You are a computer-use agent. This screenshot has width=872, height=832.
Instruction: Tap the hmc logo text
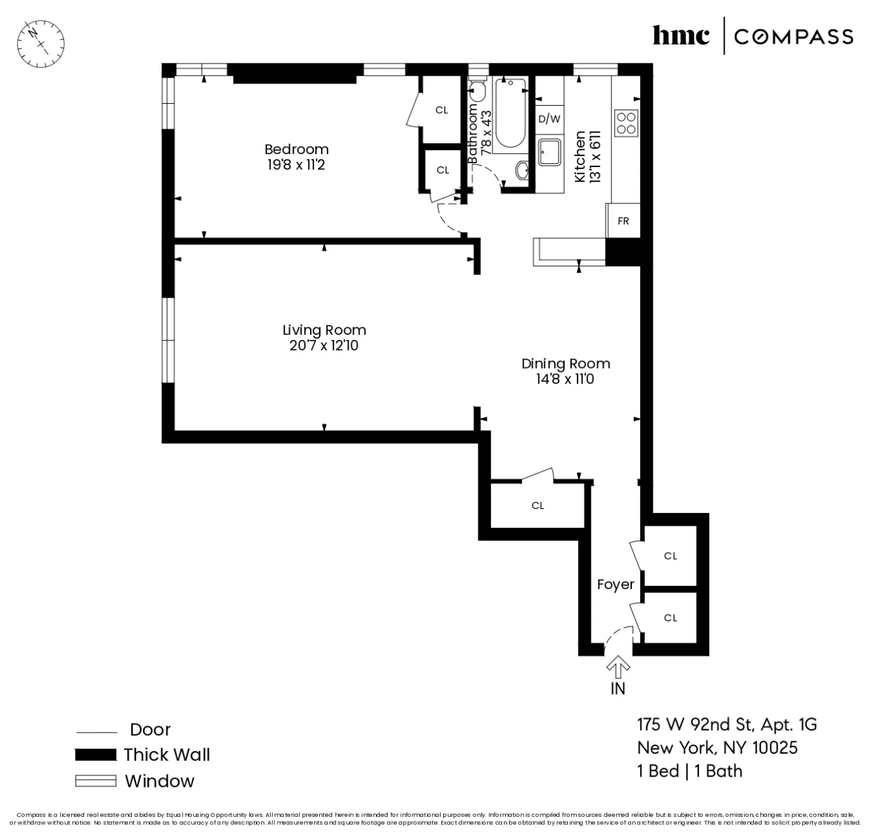click(x=681, y=36)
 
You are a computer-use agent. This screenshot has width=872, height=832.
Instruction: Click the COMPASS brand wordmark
click(x=793, y=37)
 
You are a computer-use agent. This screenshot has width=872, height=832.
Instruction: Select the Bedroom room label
click(x=296, y=149)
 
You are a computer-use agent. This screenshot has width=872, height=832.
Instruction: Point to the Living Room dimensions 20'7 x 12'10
click(x=324, y=346)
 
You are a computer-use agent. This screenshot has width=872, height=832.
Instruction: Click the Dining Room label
click(x=565, y=363)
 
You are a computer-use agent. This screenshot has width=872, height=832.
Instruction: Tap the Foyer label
click(x=615, y=585)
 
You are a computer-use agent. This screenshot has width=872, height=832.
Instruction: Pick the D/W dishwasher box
click(x=549, y=119)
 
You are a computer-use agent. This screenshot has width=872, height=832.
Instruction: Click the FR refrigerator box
click(x=623, y=221)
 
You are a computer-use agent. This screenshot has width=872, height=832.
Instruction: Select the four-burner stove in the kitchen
click(x=626, y=123)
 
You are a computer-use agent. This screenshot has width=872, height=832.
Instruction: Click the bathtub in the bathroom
click(x=510, y=114)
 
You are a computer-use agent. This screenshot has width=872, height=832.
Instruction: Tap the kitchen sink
click(x=549, y=153)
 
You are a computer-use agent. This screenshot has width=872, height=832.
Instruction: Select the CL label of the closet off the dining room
click(x=538, y=506)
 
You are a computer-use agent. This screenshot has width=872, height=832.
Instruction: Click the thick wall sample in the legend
click(x=95, y=755)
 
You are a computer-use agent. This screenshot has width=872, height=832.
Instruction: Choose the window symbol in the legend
click(x=95, y=781)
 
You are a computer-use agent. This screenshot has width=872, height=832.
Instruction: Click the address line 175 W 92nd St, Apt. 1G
click(x=726, y=724)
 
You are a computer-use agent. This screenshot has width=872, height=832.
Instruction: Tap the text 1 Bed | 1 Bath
click(x=690, y=771)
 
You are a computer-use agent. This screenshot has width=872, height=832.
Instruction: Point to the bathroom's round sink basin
click(x=523, y=171)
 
